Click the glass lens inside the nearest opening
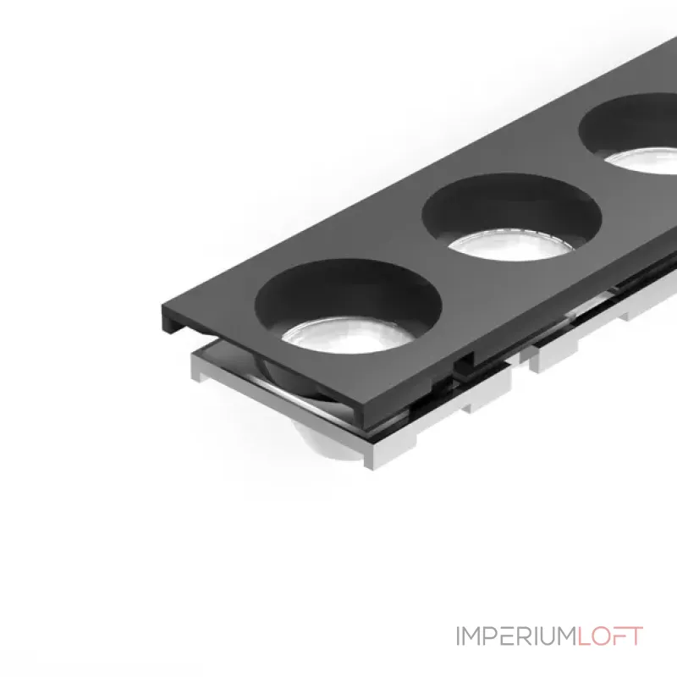348,336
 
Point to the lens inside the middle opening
512,245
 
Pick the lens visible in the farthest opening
643,161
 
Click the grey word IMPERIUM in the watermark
516,636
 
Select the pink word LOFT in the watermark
610,636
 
